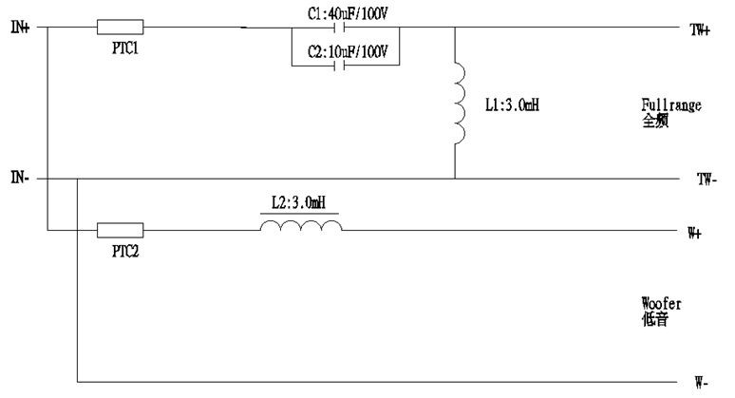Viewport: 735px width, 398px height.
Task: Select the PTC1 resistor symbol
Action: [121, 28]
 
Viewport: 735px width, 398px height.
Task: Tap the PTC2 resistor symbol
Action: [121, 229]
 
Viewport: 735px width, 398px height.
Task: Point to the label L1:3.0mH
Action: [513, 104]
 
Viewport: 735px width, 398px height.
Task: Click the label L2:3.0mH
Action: [301, 203]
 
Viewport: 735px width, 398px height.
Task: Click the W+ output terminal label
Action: [694, 232]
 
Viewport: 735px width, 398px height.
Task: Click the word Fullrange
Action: [670, 104]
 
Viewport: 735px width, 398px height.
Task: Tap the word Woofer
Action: [663, 304]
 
